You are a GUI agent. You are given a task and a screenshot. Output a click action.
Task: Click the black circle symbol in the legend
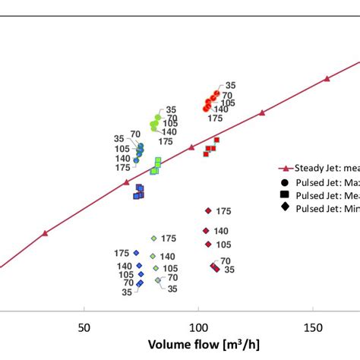coord(284,182)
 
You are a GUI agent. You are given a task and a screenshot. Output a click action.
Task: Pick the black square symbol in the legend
coord(284,195)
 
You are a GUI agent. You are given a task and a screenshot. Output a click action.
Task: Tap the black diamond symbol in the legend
coord(284,208)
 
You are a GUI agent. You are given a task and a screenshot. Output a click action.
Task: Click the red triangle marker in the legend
coord(283,169)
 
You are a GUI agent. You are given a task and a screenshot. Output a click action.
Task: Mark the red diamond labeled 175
coord(207,211)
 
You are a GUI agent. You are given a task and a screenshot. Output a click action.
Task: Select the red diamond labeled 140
coord(206,231)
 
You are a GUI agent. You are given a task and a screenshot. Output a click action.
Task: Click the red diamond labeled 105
coord(208,245)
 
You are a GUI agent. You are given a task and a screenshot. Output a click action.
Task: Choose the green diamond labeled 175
coord(153,238)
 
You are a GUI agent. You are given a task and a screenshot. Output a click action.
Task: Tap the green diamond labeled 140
coord(153,257)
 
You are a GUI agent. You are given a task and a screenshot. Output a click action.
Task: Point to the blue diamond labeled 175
coord(136,253)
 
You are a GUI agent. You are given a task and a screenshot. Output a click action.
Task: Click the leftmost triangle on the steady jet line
coord(45,233)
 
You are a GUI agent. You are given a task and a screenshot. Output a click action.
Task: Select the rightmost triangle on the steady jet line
coord(327,78)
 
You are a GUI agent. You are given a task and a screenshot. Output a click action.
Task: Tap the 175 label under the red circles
coord(216,118)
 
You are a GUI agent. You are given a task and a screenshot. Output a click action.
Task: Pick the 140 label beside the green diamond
coord(168,257)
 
